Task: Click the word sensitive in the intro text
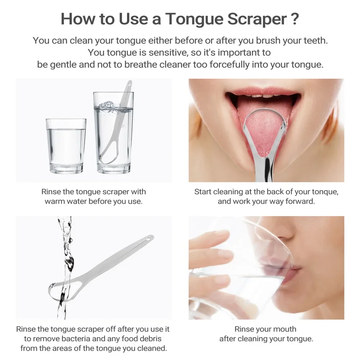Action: (x=166, y=53)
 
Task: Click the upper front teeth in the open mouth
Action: (x=262, y=95)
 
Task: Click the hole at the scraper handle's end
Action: (x=148, y=238)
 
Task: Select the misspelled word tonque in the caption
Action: (x=325, y=192)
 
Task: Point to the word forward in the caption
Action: (x=300, y=201)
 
